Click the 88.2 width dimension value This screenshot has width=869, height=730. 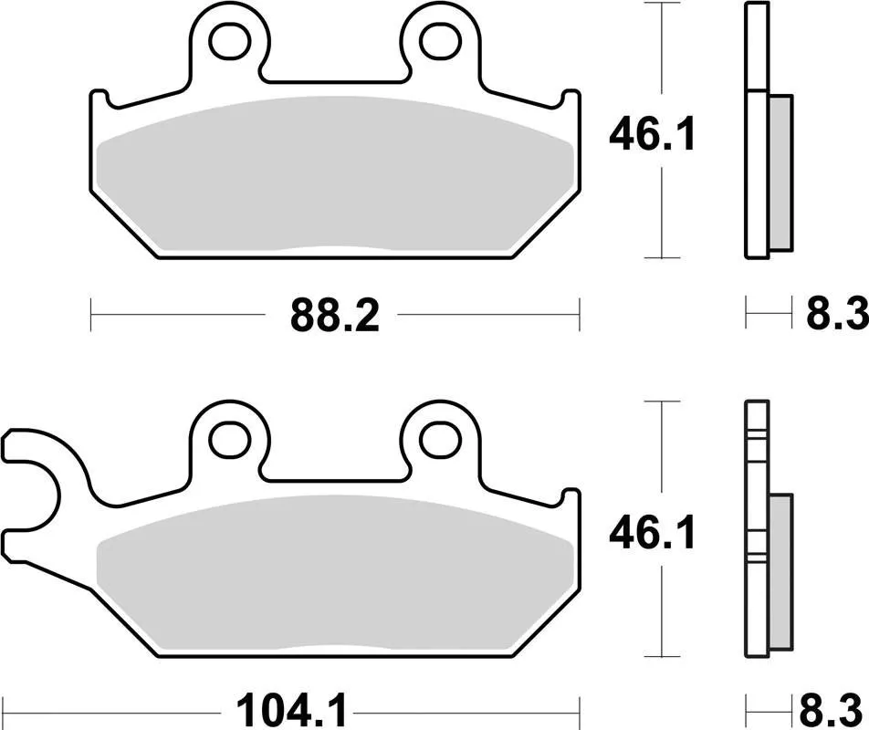point(335,315)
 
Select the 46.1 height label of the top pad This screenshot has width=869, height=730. point(652,135)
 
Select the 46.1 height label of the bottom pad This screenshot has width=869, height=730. point(652,534)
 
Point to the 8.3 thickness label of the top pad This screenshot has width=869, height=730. point(837,314)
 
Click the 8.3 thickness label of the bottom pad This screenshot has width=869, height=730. point(833,712)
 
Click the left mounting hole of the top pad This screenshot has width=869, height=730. point(229,41)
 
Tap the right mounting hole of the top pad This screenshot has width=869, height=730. point(441,41)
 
